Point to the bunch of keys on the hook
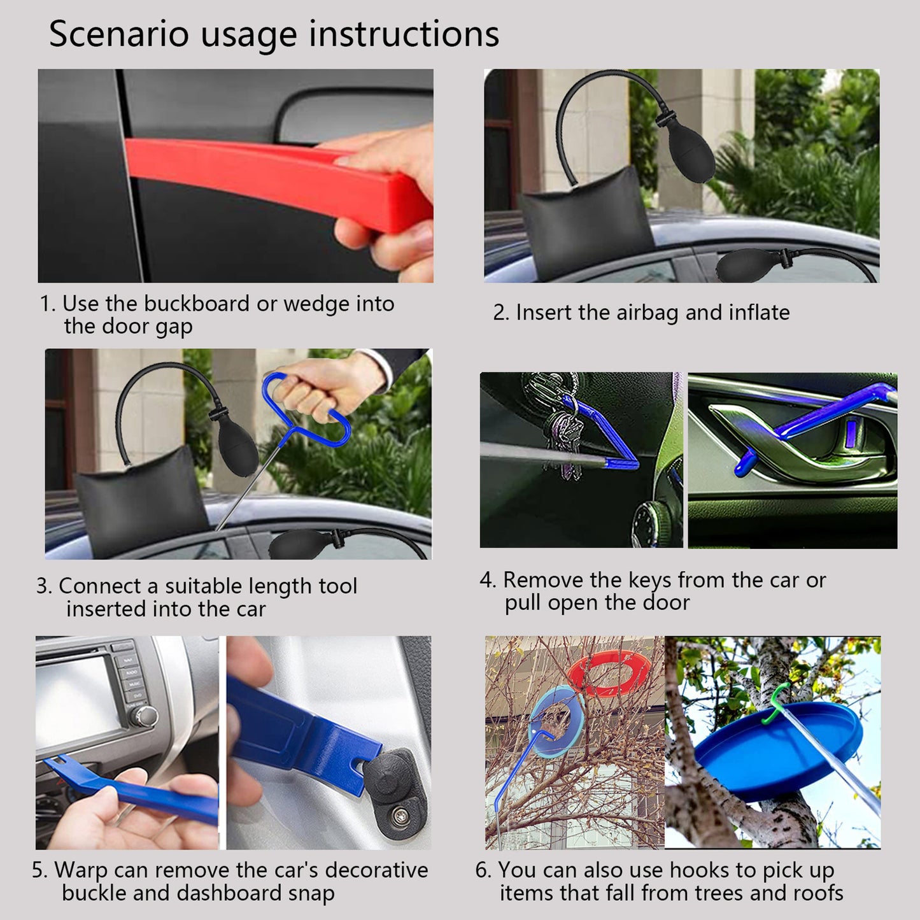[563, 439]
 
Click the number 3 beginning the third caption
[42, 586]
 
